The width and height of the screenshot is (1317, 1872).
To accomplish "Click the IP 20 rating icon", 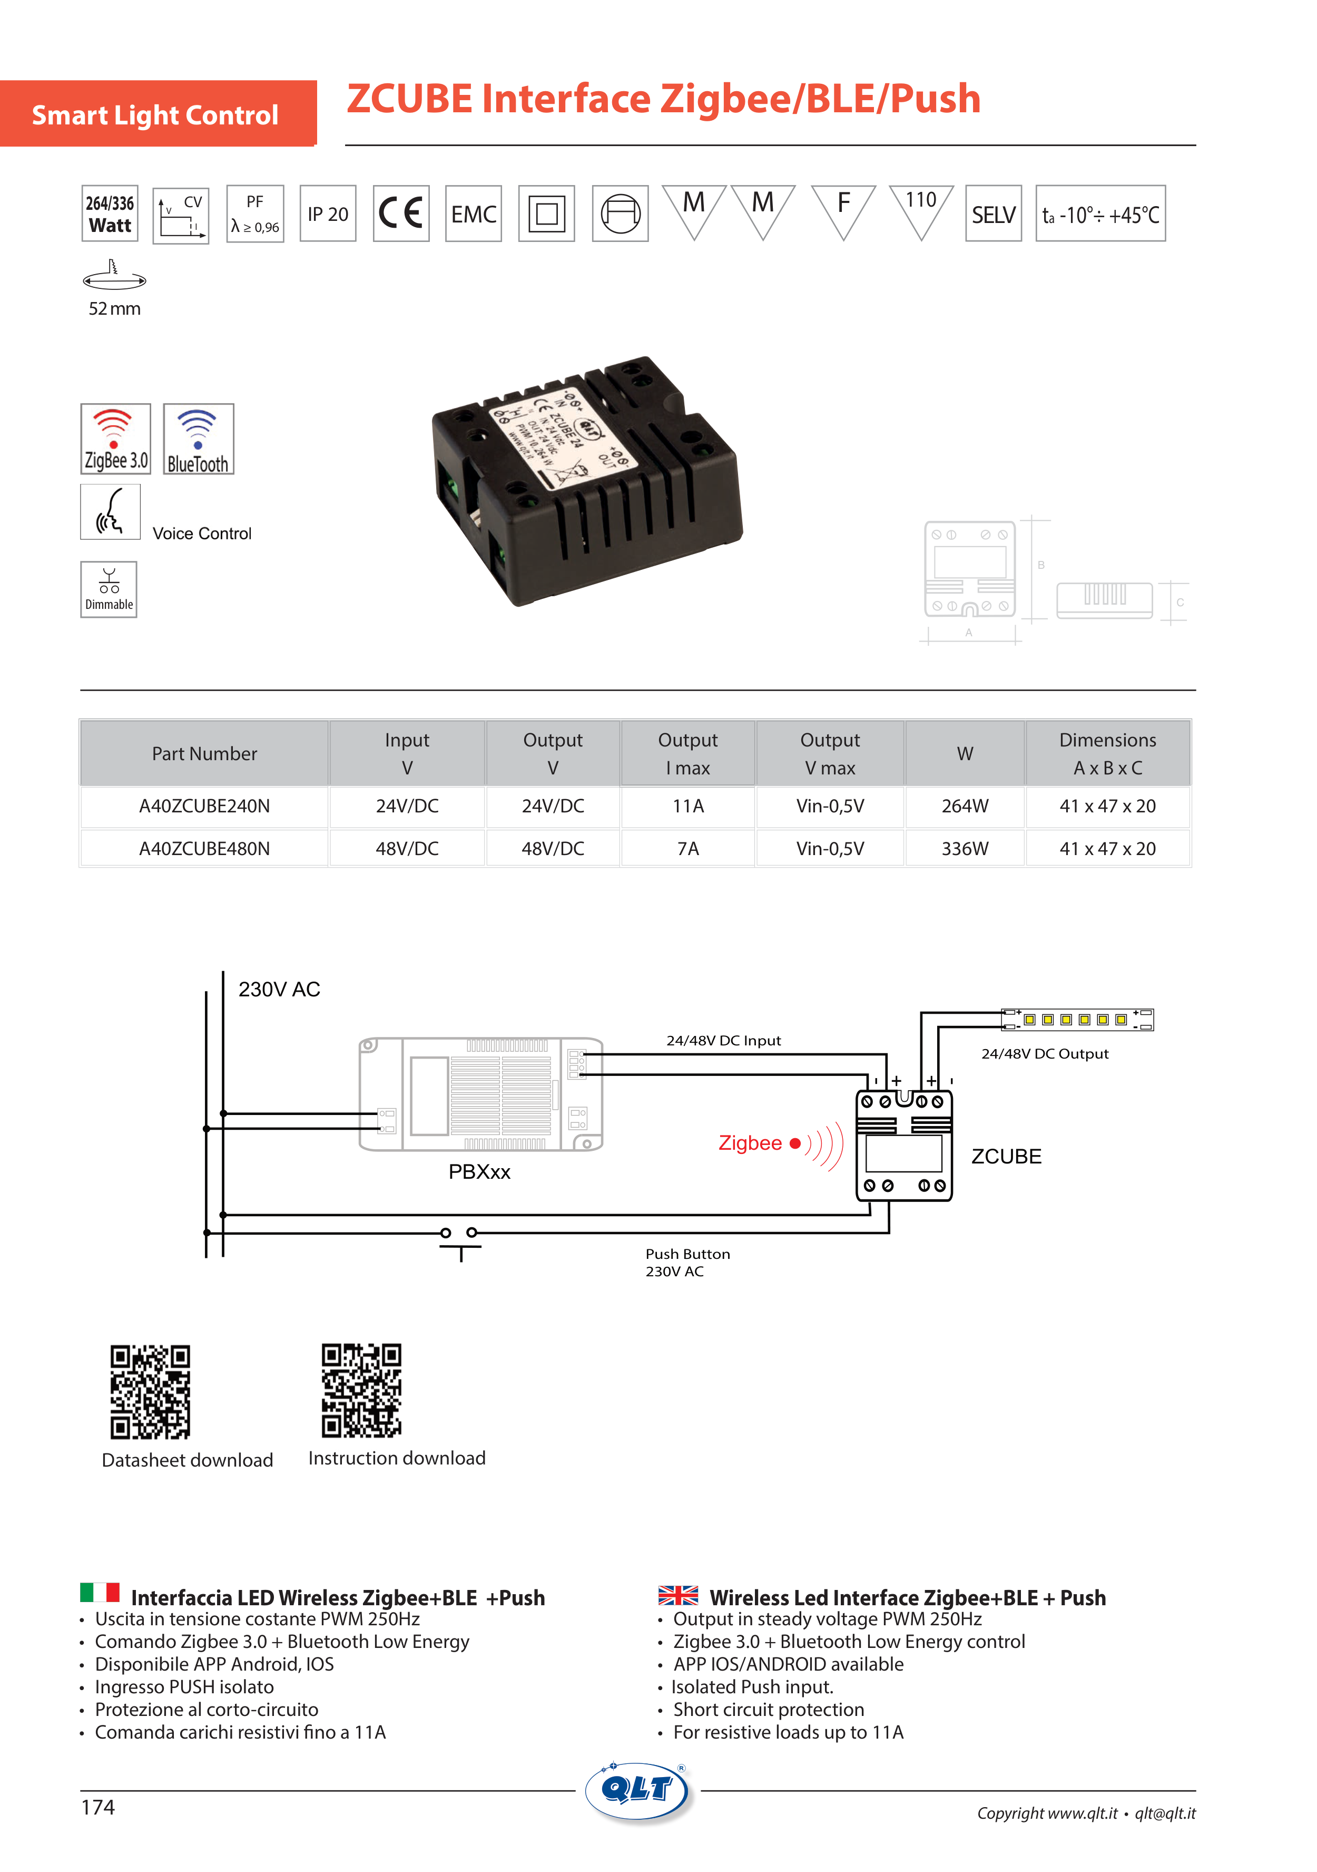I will (x=328, y=214).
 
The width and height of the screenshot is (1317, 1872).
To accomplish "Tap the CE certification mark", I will (x=401, y=214).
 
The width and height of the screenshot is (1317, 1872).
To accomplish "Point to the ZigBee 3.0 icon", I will (x=116, y=439).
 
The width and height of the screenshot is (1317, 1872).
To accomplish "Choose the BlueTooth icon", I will (x=198, y=439).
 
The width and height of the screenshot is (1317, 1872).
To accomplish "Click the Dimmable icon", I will (x=109, y=589).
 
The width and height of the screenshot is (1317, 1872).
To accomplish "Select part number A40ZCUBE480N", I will (x=204, y=849).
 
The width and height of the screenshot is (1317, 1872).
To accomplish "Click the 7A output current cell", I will (x=688, y=849).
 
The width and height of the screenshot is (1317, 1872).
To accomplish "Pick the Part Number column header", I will (x=204, y=753).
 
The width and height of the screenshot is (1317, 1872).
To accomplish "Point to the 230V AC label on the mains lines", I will (x=279, y=989).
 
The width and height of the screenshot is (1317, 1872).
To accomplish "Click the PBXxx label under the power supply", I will (x=479, y=1171).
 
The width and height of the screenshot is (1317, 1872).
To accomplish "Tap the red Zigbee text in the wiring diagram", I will (x=750, y=1143).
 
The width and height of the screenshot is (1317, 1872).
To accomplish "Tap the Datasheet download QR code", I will (x=150, y=1391).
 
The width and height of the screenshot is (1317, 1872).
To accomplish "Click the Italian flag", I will (x=100, y=1593).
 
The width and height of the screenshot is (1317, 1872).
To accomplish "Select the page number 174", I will (x=98, y=1808).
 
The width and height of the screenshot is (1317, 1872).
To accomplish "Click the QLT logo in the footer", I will (x=638, y=1790).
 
